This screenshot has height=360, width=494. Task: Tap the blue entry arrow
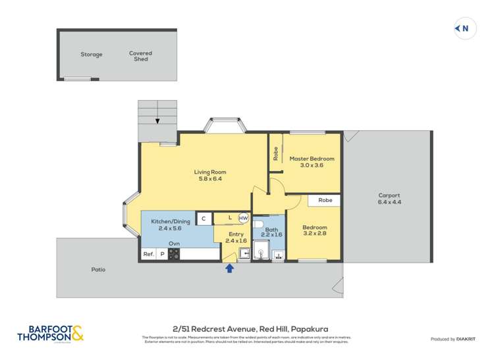coord(229,268)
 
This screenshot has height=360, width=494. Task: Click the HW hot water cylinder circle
coord(243,218)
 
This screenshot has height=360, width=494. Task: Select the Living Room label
coord(209,172)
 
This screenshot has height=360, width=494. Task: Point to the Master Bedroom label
coord(312,159)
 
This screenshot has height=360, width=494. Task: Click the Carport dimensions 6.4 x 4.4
coord(389,202)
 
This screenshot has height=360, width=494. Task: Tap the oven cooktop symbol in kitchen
coord(174,254)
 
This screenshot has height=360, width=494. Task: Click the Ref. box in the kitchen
coord(148,254)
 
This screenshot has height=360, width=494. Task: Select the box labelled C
coord(204,218)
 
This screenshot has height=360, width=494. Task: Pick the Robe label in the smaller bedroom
coord(325,199)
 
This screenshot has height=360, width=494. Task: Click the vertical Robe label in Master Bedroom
coord(275,153)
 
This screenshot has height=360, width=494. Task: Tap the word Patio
coord(98,269)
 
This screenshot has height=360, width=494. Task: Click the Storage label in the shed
coord(92,55)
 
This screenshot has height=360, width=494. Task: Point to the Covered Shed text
coord(140,56)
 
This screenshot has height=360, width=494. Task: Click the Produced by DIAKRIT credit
coord(454,339)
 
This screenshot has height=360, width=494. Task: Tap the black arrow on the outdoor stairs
coord(157,120)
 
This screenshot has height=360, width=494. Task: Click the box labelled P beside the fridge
coord(162,254)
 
